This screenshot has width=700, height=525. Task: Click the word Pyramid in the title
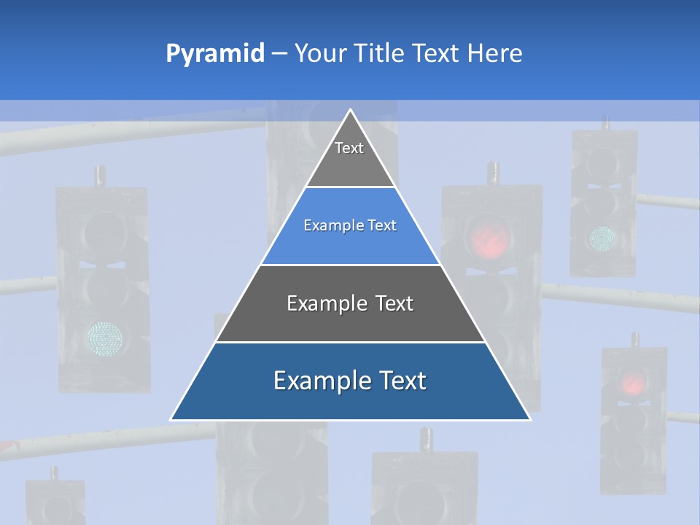215,54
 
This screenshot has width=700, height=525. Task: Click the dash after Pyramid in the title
279,54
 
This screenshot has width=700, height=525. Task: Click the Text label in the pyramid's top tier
349,148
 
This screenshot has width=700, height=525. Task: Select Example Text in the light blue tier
350,225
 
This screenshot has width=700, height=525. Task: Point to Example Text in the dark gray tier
350,303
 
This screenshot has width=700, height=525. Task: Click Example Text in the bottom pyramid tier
350,381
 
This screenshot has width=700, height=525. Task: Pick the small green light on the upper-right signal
602,237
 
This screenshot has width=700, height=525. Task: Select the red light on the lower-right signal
632,381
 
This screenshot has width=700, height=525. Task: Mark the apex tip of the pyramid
351,111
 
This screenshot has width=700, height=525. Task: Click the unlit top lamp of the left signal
104,231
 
